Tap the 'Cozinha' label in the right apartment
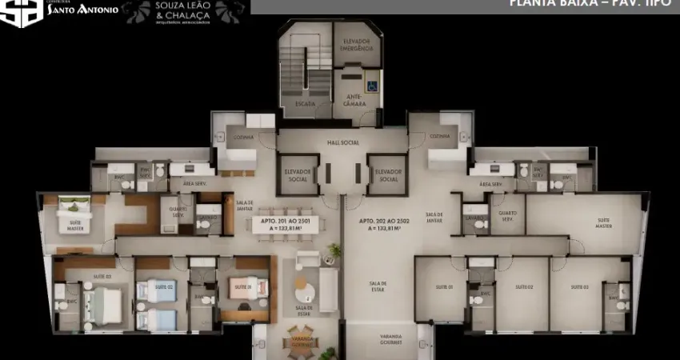click(x=439, y=136)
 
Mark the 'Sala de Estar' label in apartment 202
click(x=378, y=286)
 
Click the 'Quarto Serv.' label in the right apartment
click(x=507, y=215)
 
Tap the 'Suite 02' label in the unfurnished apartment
click(x=524, y=286)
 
